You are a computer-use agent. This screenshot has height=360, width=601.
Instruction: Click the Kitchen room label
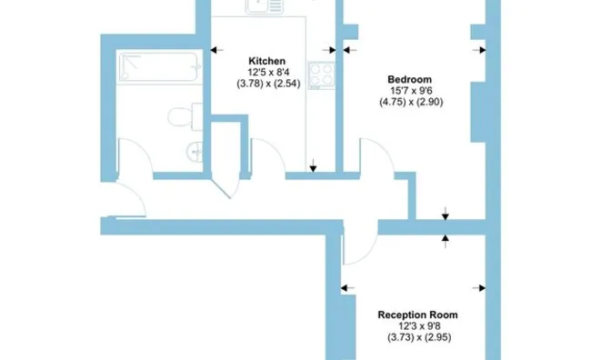[266, 61]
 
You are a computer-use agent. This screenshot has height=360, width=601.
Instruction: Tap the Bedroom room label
[410, 79]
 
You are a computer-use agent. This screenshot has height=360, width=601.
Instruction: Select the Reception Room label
[417, 315]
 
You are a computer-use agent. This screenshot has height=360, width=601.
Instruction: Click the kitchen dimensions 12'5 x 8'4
[268, 72]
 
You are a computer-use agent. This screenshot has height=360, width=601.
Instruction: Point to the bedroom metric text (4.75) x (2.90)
[411, 102]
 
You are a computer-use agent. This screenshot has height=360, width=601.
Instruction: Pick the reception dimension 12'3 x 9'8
[419, 326]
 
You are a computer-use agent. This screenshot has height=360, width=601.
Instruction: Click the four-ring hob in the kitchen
[321, 75]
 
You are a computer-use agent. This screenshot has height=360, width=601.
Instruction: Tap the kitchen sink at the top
[265, 6]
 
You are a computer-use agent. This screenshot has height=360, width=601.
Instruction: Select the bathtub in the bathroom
[160, 67]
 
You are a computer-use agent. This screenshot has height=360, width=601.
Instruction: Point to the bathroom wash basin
[195, 152]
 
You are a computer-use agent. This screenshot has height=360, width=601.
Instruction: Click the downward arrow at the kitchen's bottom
[313, 165]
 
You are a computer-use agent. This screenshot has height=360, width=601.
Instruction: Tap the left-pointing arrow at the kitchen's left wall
[217, 50]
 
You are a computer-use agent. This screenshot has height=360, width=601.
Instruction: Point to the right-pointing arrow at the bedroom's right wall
[479, 50]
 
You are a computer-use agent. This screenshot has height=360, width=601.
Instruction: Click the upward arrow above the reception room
[445, 241]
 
